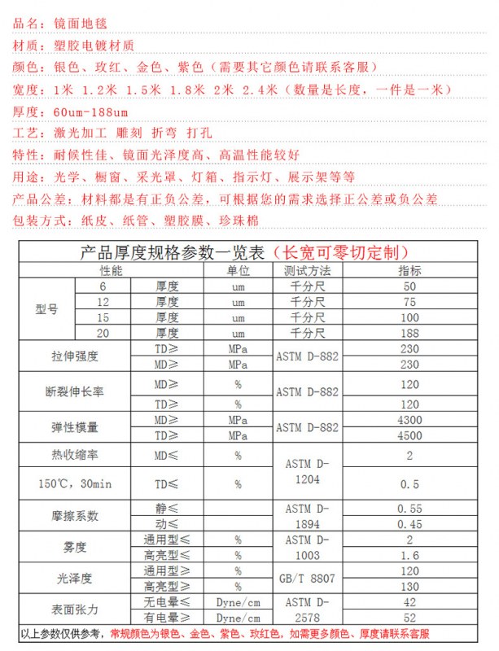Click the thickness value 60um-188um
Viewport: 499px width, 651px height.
click(90, 111)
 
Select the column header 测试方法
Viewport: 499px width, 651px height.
click(307, 270)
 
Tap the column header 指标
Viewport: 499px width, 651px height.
click(409, 270)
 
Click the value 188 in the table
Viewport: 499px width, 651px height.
click(409, 334)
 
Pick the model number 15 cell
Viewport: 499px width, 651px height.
click(103, 317)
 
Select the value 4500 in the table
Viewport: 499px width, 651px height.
click(409, 435)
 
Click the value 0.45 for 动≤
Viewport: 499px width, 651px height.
click(409, 524)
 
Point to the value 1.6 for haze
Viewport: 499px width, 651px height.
click(409, 555)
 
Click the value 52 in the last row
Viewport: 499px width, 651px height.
click(409, 618)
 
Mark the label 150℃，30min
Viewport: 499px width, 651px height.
click(74, 484)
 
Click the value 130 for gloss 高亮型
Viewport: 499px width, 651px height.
click(409, 586)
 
